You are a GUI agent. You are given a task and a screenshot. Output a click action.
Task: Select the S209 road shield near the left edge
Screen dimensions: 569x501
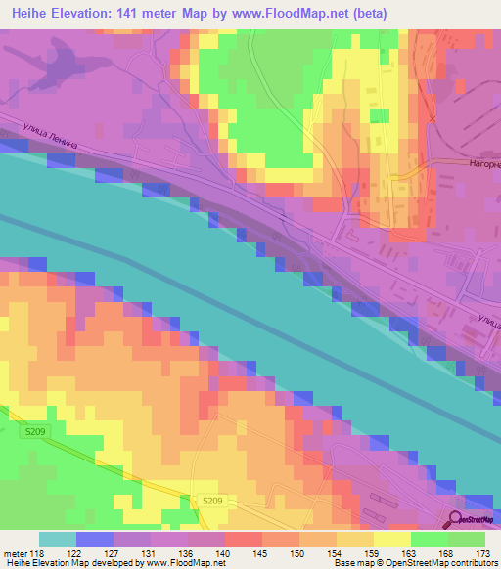click(x=36, y=431)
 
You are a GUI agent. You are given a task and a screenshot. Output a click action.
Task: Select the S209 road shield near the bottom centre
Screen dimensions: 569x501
click(x=213, y=501)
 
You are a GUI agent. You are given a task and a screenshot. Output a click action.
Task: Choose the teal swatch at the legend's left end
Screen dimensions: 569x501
click(x=58, y=539)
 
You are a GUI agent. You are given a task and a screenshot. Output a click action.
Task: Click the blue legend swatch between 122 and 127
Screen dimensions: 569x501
click(x=95, y=539)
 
